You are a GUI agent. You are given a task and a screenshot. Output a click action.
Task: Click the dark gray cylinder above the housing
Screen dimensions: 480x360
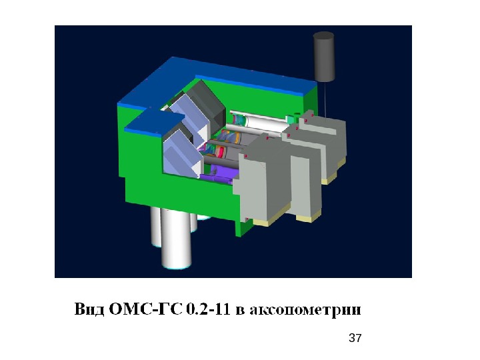[323, 57]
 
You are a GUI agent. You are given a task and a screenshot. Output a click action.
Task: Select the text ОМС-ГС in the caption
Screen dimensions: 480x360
[145, 309]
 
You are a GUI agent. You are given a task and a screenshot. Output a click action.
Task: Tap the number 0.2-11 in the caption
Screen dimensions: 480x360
[208, 309]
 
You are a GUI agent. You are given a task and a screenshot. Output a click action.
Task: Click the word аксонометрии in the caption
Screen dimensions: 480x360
[305, 310]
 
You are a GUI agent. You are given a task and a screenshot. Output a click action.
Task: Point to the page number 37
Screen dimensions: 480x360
[355, 338]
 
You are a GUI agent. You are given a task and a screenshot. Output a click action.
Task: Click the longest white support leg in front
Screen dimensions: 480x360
[176, 239]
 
